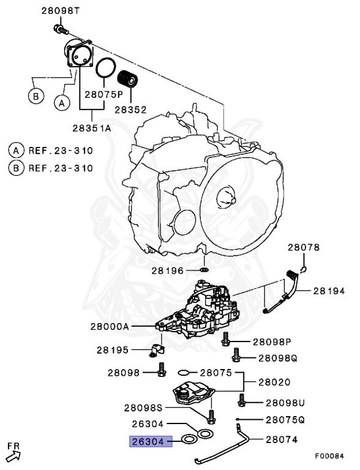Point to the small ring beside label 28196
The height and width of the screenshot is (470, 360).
204,269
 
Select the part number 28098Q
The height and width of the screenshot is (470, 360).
278,357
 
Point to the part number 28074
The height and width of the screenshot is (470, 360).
282,439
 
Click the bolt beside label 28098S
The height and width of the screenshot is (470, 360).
211,417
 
